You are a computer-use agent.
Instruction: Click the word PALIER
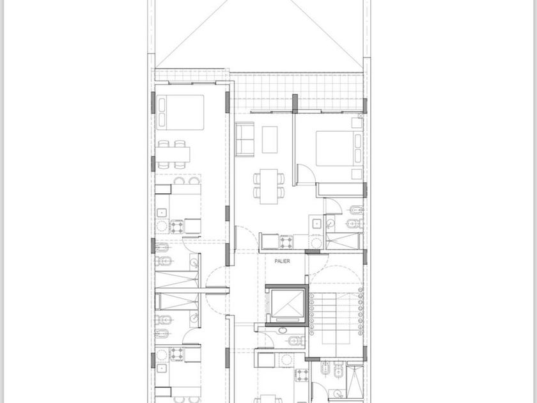point(282,261)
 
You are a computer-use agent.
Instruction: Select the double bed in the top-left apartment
point(180,113)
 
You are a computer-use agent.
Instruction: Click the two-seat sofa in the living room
point(245,139)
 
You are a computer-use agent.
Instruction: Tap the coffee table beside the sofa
point(270,139)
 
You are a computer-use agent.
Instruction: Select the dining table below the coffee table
point(268,186)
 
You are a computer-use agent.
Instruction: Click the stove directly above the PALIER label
point(286,242)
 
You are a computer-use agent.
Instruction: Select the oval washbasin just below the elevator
point(283,331)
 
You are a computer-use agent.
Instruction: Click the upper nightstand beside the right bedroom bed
point(357,123)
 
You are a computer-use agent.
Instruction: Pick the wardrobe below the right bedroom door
point(339,190)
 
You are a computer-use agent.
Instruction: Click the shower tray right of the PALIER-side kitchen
point(343,241)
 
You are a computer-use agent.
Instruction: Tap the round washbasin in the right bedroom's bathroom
point(330,224)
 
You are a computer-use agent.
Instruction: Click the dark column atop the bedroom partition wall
point(295,103)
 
